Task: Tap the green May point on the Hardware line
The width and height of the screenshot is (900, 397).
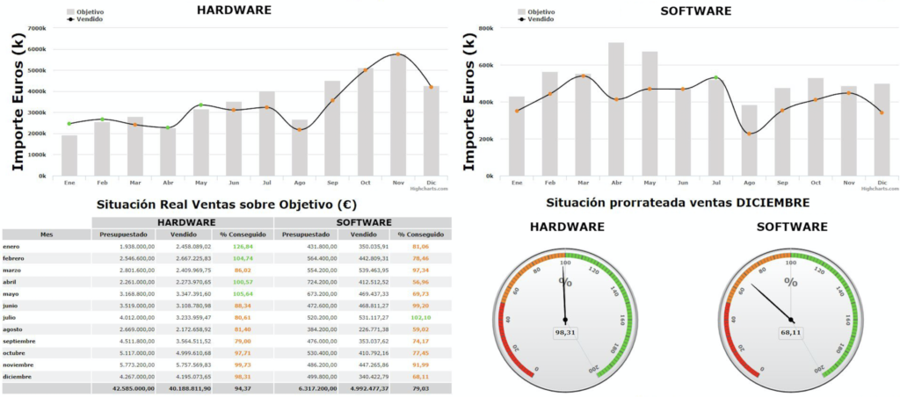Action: [x=200, y=105]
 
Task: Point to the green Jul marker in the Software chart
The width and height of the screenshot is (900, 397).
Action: [x=715, y=77]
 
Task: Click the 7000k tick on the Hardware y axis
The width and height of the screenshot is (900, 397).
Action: [x=37, y=28]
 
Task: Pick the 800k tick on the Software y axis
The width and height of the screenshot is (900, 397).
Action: [x=484, y=28]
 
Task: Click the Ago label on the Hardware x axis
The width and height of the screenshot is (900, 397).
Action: [x=300, y=182]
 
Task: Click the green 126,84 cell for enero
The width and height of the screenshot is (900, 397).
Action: [x=243, y=247]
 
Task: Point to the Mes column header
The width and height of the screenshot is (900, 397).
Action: [x=47, y=235]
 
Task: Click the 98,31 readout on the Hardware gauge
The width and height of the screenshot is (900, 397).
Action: [x=565, y=333]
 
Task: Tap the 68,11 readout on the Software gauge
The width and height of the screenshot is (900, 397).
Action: [x=790, y=332]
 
